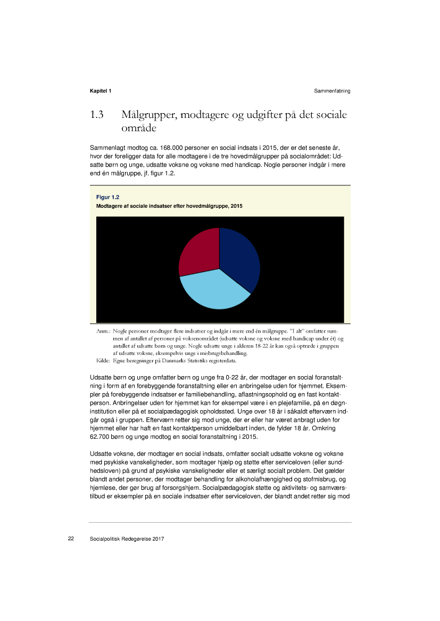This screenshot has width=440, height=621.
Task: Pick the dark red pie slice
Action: pos(200,250)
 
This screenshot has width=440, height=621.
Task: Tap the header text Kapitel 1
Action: pos(101,91)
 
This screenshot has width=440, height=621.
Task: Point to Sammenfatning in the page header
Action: pos(332,91)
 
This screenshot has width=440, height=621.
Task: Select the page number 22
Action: pos(71,539)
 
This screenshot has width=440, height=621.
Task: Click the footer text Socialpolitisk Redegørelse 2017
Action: pos(127,539)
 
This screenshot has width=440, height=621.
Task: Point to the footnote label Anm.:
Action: pos(103,331)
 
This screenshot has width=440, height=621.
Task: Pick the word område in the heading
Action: pos(140,128)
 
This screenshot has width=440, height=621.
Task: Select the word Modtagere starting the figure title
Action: pos(109,206)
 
